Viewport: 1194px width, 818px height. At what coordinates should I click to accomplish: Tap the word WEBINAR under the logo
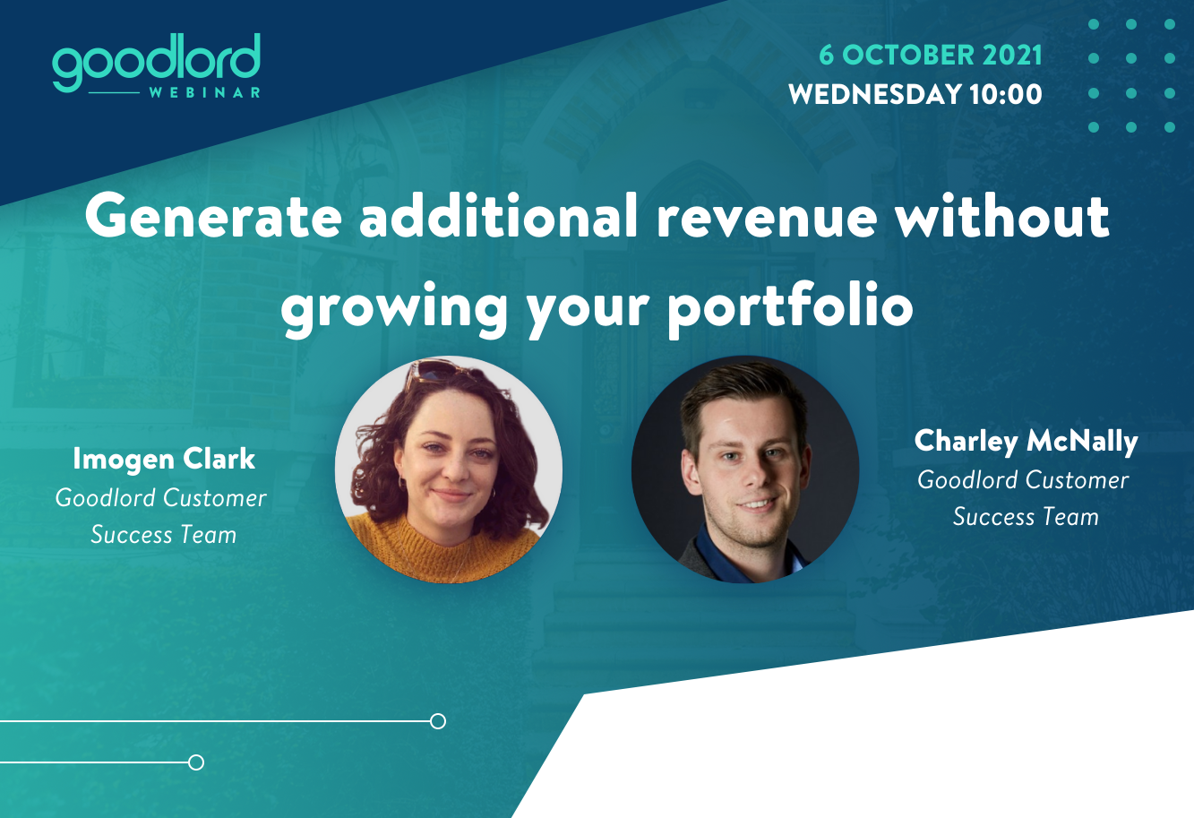[205, 93]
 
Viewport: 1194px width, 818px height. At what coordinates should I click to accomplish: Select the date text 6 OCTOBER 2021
[930, 55]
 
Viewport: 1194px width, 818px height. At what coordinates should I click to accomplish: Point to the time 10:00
[1005, 94]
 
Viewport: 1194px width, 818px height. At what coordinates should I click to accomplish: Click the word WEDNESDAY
[875, 94]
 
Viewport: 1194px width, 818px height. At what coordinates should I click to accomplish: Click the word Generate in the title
[213, 217]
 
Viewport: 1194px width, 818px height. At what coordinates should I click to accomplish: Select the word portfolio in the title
[791, 308]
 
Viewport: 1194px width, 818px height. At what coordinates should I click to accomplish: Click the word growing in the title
[394, 310]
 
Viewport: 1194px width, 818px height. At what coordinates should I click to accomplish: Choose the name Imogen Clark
[164, 459]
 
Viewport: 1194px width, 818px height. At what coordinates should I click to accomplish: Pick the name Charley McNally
[1026, 442]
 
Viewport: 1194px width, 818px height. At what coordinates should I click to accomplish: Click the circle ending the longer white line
[438, 721]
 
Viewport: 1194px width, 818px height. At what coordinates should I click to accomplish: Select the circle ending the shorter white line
[196, 762]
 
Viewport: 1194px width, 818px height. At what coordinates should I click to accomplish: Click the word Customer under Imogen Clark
[215, 498]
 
